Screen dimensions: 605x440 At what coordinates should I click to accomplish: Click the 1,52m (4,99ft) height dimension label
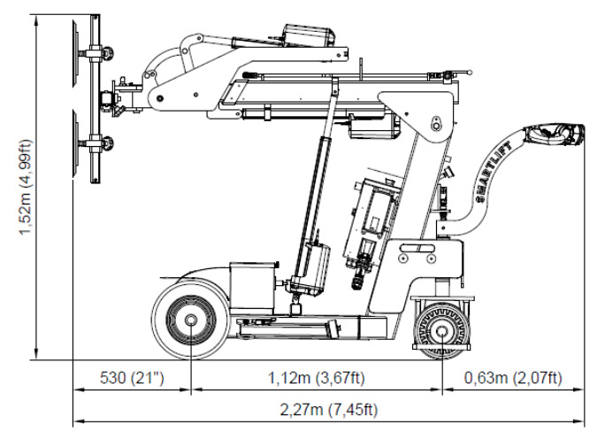point(26,187)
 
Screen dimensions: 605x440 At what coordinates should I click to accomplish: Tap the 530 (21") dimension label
point(132,377)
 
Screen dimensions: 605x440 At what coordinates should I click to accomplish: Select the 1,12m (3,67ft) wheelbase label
point(317,377)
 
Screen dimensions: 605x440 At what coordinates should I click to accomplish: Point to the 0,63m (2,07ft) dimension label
point(513,377)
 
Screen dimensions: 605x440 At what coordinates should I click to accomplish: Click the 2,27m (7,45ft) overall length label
point(329,410)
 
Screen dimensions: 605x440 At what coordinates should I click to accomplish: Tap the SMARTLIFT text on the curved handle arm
point(495,172)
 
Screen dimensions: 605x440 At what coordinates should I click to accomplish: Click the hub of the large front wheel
point(190,320)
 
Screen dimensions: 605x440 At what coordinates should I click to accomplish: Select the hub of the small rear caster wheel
point(441,331)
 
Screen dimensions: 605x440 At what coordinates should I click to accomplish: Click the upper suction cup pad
point(74,52)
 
